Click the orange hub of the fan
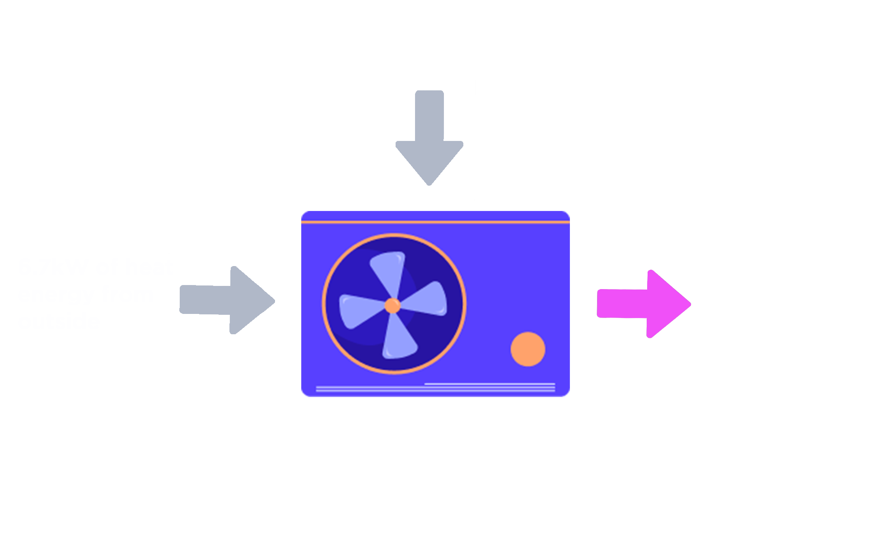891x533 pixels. click(x=392, y=306)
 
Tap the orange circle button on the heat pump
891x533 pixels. click(x=527, y=349)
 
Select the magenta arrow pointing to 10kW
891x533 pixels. click(x=644, y=304)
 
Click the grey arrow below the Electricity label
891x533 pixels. click(x=429, y=138)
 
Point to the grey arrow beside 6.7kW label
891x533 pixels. click(x=227, y=300)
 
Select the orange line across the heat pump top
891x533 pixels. click(x=435, y=222)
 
